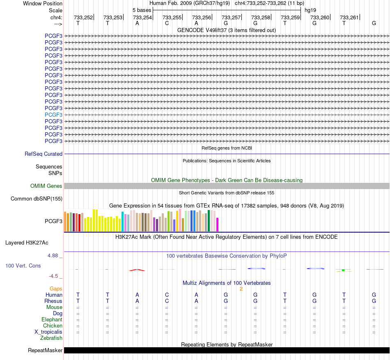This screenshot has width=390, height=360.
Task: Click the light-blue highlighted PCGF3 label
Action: [53, 115]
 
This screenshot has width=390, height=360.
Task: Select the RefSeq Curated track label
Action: [44, 154]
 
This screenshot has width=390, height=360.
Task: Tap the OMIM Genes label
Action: [46, 186]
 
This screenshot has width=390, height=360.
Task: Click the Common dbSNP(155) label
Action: [37, 198]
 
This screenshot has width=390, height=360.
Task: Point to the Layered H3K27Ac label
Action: [27, 243]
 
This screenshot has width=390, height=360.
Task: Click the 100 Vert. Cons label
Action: [23, 265]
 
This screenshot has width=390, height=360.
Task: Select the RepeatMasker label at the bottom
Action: [45, 350]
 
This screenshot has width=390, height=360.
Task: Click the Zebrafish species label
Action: [51, 338]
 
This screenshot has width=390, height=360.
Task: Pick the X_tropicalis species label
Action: [48, 332]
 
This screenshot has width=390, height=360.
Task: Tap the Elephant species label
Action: [52, 319]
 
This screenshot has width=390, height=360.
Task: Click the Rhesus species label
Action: [53, 301]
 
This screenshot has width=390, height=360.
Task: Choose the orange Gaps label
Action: [56, 288]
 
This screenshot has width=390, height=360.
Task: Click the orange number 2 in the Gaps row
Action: [241, 289]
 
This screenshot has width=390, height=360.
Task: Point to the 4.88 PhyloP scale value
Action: [53, 256]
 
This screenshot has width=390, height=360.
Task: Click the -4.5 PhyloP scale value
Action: [53, 276]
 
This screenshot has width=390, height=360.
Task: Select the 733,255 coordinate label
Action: [172, 17]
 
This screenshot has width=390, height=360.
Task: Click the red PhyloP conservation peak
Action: [137, 270]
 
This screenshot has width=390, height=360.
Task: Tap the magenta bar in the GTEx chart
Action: [218, 224]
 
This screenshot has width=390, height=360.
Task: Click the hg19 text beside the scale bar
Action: [310, 10]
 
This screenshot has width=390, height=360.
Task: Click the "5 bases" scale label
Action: [142, 10]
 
